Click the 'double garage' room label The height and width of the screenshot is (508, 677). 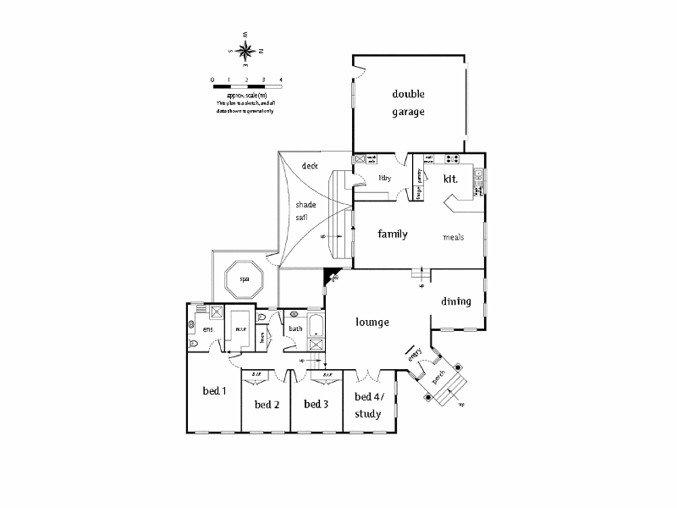(x=408, y=102)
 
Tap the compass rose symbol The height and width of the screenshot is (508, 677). (x=246, y=50)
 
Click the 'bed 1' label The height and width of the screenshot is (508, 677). (x=214, y=391)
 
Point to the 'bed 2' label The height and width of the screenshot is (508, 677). (x=267, y=404)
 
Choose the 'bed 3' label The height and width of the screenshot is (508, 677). (x=316, y=404)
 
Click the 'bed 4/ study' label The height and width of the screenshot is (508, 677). (x=367, y=406)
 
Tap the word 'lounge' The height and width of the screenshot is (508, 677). (x=372, y=322)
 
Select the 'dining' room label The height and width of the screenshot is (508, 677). (x=456, y=301)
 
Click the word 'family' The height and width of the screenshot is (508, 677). (x=393, y=234)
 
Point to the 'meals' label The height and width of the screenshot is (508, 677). (x=454, y=237)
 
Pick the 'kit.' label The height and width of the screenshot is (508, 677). (x=450, y=179)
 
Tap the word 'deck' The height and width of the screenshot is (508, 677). (x=309, y=166)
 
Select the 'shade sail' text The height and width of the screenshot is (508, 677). (x=305, y=211)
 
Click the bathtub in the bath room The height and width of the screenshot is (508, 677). (x=316, y=325)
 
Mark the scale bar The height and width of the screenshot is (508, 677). (x=246, y=86)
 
